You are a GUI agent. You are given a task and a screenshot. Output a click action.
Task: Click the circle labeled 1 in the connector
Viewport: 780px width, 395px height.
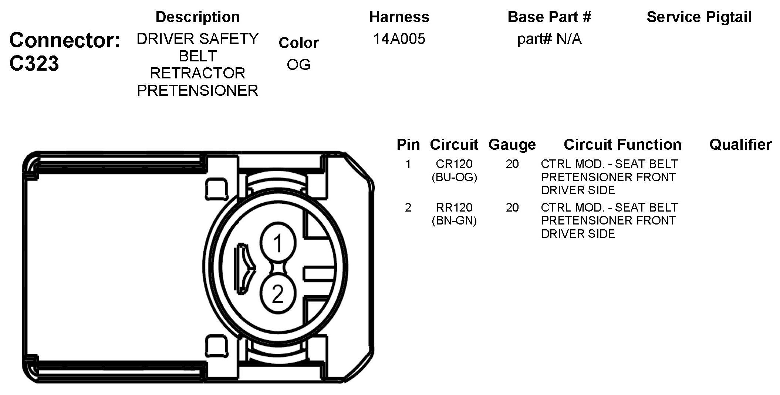278,243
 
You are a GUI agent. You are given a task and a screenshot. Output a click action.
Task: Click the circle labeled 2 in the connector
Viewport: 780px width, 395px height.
278,294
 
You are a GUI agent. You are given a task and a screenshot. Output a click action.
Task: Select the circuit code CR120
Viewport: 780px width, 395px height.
454,163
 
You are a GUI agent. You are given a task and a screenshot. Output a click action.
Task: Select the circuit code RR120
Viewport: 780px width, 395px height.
454,207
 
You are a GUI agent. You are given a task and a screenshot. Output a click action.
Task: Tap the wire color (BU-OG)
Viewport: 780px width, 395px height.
454,177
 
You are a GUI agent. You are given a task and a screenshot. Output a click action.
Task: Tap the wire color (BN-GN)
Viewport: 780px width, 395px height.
454,221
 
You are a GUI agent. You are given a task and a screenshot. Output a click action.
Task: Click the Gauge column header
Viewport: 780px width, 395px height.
512,145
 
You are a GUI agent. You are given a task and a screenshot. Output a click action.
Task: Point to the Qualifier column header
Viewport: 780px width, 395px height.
740,145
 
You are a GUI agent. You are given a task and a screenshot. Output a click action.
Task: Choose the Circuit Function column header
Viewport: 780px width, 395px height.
622,145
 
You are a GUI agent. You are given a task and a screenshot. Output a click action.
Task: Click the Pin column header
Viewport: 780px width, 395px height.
408,145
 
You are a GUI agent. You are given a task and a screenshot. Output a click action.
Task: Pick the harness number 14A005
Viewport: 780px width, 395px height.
399,39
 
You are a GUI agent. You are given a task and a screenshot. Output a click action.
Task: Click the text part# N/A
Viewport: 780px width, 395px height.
549,39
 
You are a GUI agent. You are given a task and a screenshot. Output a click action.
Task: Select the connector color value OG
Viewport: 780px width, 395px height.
298,65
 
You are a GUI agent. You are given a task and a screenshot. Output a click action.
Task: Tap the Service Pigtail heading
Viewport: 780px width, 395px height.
699,17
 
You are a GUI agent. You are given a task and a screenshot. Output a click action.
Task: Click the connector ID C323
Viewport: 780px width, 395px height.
34,64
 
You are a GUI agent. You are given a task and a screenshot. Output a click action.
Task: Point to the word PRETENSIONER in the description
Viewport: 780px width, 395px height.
197,91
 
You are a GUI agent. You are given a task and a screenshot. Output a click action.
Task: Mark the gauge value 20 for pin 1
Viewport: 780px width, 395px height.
512,163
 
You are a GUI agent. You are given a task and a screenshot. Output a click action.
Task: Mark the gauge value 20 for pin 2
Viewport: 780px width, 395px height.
512,207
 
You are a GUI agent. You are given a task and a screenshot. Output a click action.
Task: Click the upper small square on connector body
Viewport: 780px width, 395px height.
216,189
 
